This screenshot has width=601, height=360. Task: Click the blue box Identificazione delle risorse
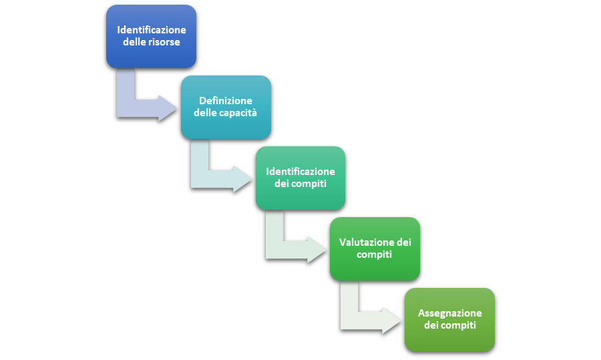tap(152, 37)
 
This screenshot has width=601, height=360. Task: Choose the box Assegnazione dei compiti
tap(449, 319)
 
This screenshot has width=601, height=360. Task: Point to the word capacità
tap(238, 113)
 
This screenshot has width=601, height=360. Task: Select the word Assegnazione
tap(449, 313)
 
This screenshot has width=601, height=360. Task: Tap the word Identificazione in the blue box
tap(152, 31)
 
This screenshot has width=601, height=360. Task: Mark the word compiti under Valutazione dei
tap(374, 254)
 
